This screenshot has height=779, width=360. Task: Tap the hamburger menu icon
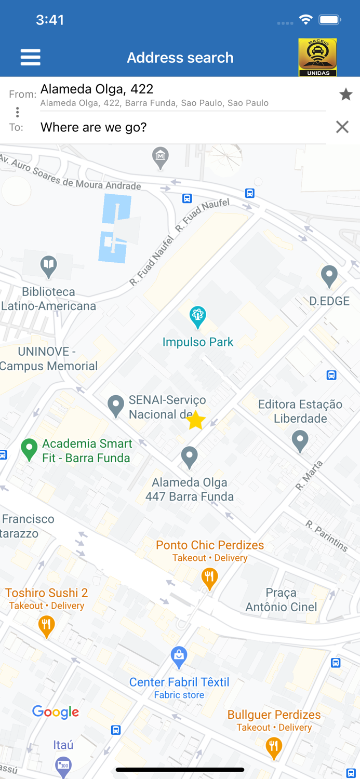tap(30, 57)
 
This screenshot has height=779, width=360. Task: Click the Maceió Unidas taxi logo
tap(317, 57)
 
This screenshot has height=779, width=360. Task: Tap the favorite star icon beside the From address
tap(345, 95)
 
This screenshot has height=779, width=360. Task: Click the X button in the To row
tap(342, 127)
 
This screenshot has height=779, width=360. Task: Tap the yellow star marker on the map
tap(196, 421)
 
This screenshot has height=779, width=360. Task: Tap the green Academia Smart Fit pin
tap(29, 449)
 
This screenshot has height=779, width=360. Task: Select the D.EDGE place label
tap(329, 301)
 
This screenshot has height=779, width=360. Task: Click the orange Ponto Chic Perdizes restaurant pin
tap(209, 578)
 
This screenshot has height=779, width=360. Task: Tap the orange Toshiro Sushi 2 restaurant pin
tap(47, 625)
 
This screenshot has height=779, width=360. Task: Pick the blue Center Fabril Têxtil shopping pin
tap(179, 657)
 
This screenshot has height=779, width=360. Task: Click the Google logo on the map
tap(56, 712)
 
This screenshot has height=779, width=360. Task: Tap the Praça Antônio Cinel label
tap(281, 600)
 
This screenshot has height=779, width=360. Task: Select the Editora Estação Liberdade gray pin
tap(300, 441)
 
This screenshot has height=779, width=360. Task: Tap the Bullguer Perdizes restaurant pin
tap(273, 747)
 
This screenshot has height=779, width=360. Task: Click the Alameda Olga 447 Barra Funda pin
tap(189, 457)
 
